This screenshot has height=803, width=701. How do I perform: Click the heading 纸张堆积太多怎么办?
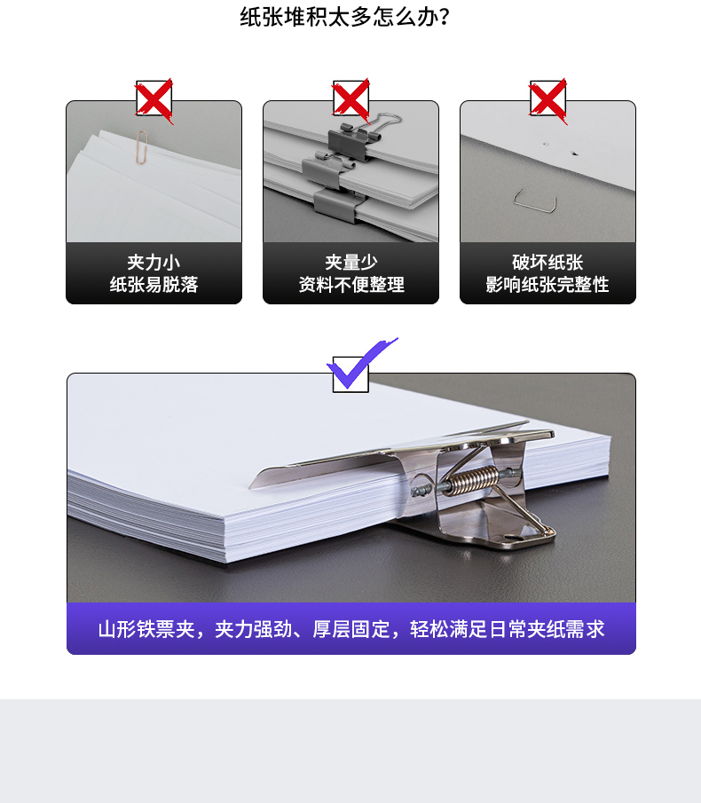(344, 16)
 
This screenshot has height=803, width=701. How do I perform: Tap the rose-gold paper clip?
(142, 147)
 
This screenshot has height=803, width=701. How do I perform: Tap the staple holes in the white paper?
(560, 148)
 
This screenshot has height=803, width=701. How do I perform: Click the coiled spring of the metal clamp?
(470, 480)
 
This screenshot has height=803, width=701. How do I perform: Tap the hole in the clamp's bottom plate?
(513, 538)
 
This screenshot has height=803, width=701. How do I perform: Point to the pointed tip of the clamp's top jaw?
(252, 485)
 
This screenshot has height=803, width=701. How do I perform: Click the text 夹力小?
(154, 263)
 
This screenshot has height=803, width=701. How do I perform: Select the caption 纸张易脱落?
(154, 284)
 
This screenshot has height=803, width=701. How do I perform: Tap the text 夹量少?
(351, 263)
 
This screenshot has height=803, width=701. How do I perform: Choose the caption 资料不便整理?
(351, 284)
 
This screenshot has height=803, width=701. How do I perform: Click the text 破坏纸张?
(547, 263)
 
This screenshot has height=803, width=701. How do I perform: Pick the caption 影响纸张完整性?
(547, 284)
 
